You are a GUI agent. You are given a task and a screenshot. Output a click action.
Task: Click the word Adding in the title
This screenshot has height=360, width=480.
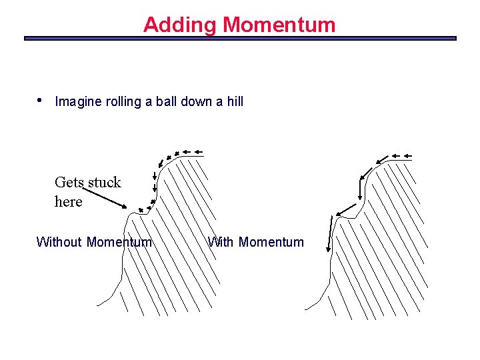coord(180,25)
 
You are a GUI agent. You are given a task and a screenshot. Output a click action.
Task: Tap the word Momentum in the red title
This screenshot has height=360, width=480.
coord(279,25)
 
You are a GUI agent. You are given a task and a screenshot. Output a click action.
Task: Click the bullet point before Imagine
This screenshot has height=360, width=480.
coord(41,100)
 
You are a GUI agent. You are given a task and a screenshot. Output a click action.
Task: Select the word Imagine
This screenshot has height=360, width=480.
coord(79,102)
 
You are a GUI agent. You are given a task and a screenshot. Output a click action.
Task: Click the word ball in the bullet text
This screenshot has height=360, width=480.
coord(166,101)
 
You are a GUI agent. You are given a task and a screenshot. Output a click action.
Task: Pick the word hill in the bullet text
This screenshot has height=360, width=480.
coord(235,101)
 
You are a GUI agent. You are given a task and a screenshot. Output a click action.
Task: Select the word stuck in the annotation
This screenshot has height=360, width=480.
coord(105,183)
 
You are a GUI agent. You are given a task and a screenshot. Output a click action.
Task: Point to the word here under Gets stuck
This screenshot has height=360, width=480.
coord(69,201)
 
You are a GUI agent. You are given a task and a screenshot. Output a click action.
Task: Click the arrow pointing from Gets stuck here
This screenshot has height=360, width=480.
coord(107,200)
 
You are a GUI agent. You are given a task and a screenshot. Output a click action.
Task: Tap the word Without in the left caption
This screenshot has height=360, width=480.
coord(59,242)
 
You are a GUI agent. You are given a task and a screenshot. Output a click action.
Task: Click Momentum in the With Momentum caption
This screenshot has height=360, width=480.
coord(271,242)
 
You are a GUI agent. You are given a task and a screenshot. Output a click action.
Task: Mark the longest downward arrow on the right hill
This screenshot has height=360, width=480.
coord(329,235)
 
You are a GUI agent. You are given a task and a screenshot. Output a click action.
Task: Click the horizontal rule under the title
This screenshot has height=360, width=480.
coord(240,39)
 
